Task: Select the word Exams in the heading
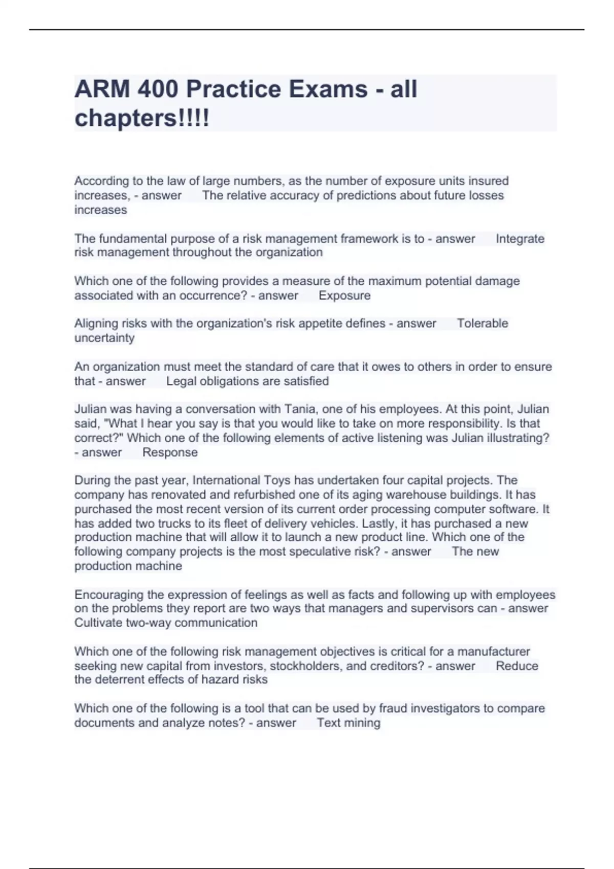(328, 89)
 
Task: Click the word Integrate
(520, 239)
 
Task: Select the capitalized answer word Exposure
(344, 295)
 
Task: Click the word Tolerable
(483, 324)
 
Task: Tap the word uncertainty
(104, 338)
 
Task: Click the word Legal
(181, 381)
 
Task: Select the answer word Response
(170, 452)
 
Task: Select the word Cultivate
(98, 623)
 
